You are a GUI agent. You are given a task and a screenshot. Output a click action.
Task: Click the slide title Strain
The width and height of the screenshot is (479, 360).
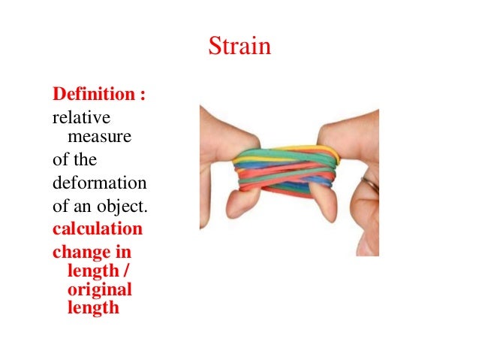pos(239,48)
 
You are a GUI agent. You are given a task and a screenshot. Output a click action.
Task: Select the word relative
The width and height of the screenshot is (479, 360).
pos(80,119)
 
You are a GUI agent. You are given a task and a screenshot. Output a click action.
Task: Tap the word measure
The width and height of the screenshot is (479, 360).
pos(99,137)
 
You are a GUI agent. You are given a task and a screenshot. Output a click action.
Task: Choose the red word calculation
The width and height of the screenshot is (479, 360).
pos(97,228)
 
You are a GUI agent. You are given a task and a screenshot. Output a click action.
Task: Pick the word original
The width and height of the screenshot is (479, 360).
pos(99,289)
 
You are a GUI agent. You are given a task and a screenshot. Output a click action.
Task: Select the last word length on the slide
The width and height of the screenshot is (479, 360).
pos(93,307)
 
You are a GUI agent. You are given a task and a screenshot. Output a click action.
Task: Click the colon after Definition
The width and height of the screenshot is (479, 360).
pos(143,96)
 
